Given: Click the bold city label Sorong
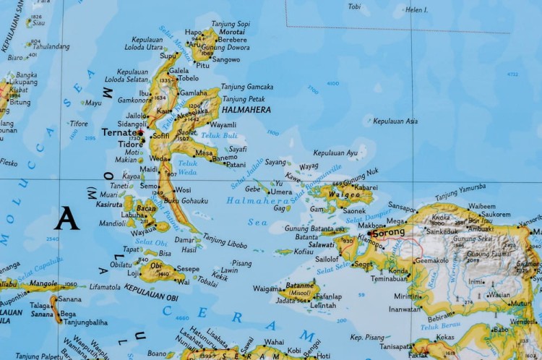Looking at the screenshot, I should click(x=391, y=234).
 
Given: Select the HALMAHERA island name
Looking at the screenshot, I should click(x=247, y=110).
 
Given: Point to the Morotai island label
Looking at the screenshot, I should click(x=231, y=33).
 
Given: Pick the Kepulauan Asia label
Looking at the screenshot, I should click(x=395, y=121).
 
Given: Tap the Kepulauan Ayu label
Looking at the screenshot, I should click(x=335, y=153).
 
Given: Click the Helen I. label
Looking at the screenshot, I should click(x=416, y=10).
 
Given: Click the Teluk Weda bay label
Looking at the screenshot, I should click(x=188, y=168).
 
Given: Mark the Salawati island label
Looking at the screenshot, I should click(x=322, y=246).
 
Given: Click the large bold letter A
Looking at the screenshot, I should click(x=66, y=218).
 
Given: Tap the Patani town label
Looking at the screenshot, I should click(x=236, y=165).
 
